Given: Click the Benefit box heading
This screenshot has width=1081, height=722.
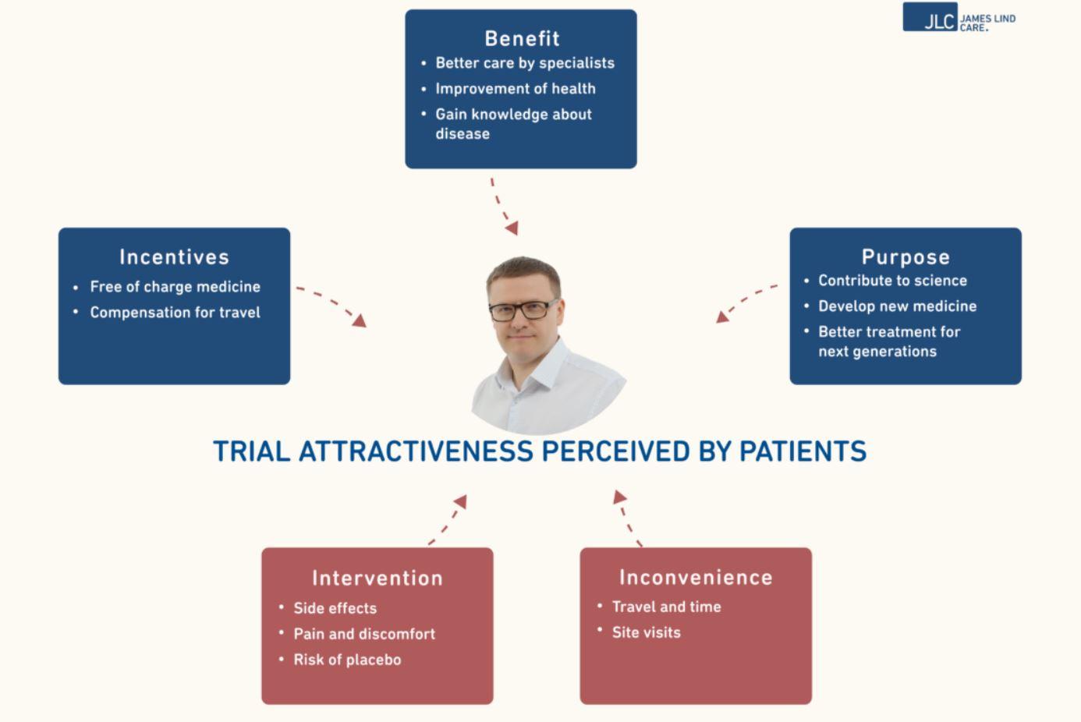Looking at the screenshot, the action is point(522,38).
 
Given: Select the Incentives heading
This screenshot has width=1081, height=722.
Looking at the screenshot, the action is point(174,257).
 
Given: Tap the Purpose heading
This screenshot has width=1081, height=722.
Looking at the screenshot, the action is point(906,257).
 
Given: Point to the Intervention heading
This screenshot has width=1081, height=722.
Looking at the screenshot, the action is point(377,578).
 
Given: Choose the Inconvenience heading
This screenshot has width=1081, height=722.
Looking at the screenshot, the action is point(696,577).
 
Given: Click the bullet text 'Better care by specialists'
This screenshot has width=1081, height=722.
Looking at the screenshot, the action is point(525,63).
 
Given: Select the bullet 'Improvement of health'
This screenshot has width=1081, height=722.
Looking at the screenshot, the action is point(516,89).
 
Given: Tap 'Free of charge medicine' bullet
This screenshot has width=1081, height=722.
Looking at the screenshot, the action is point(175,287).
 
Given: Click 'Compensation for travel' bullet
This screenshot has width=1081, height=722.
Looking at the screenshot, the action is point(175,313).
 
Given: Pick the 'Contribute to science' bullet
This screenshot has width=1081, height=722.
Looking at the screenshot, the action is point(892,281).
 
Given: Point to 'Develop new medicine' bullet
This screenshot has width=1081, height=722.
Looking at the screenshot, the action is point(897,306).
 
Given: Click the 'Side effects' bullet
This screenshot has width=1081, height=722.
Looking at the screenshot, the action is point(335,608).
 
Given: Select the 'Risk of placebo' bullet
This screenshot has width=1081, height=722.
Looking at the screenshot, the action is point(348,660).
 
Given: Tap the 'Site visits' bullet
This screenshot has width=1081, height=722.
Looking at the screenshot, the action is point(647,632).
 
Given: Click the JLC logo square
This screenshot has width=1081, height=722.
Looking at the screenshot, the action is point(930,17).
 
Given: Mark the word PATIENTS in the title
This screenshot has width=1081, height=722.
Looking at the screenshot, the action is point(803,451).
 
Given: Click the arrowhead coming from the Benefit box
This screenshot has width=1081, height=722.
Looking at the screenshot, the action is point(512,228).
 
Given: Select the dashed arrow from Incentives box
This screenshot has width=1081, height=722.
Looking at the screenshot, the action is point(333,303).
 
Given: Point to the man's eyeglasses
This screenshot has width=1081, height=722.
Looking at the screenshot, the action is point(523,310).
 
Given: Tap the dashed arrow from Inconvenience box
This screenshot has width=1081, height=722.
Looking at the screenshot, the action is point(626,518).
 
